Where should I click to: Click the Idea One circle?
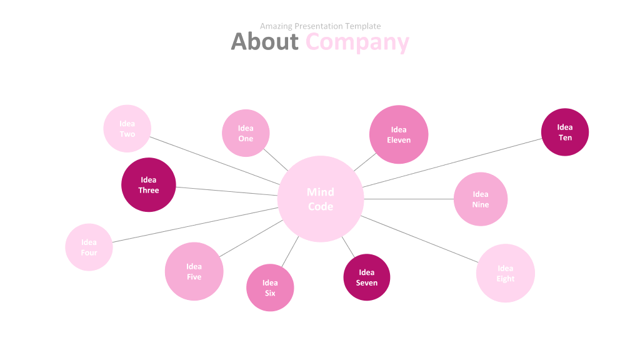[x=246, y=133]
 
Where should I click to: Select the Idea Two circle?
[x=127, y=129]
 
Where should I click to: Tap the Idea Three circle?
[x=149, y=185]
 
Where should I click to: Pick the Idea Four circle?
[x=89, y=247]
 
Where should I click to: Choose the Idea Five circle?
[x=194, y=271]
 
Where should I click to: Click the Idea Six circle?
[x=270, y=287]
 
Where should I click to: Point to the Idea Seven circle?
[x=367, y=277]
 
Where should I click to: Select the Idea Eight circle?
[x=505, y=273]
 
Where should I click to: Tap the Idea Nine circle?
[x=480, y=199]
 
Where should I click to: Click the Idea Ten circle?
[x=565, y=132]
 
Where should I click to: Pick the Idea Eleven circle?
[x=399, y=134]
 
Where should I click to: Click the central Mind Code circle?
[x=321, y=199]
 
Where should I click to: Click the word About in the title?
[x=264, y=41]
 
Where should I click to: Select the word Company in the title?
[x=357, y=42]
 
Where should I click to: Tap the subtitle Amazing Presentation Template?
[x=320, y=26]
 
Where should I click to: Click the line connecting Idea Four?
[x=195, y=224]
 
